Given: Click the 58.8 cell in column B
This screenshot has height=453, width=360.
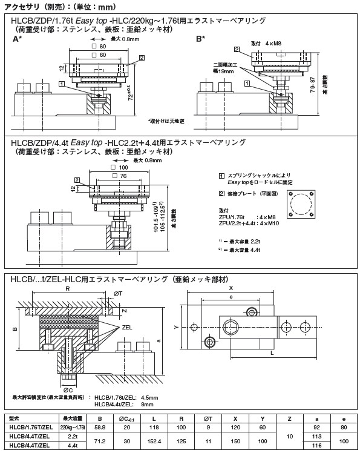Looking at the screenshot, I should click(x=100, y=427).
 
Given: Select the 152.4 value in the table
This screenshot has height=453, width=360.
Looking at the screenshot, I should click(x=154, y=440).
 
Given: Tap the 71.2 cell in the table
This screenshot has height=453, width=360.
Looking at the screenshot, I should click(x=100, y=440).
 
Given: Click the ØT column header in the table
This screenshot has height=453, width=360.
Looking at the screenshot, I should click(x=208, y=418).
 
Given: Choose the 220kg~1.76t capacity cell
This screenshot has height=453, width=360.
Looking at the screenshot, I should click(x=73, y=427).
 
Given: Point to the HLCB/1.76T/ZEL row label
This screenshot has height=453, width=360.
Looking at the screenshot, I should click(x=30, y=427).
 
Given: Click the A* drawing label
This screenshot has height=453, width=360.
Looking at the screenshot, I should click(x=17, y=38).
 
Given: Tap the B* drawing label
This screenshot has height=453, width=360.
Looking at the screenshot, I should click(x=200, y=38).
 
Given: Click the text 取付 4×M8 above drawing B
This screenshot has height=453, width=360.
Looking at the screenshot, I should click(x=264, y=43).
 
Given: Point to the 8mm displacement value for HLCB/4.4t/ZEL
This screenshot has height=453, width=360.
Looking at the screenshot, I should click(x=147, y=404).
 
